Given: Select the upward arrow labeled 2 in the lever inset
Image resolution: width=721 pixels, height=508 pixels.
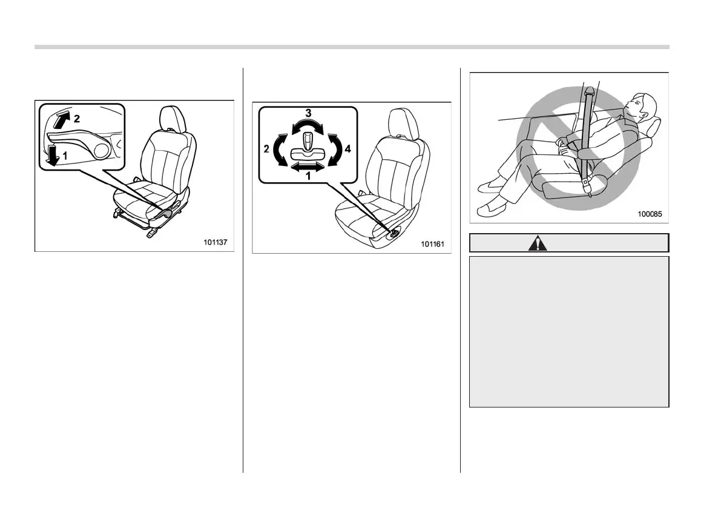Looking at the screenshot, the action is coord(61,119).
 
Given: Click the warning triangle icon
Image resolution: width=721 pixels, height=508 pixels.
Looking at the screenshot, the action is coord(537,243).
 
